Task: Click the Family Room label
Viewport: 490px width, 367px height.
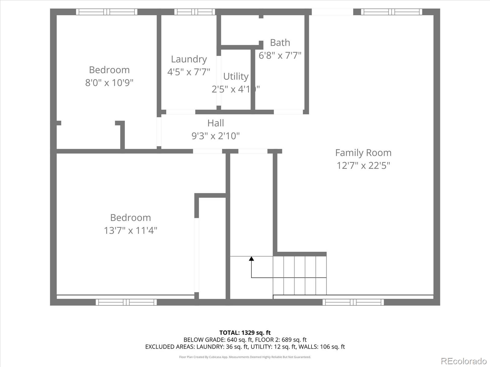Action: click(x=363, y=153)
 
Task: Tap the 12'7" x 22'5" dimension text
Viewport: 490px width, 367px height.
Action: click(x=363, y=165)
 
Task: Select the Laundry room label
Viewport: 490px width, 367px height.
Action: click(x=189, y=59)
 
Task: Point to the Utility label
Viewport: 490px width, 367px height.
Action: click(x=236, y=76)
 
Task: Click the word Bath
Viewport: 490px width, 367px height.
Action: click(x=280, y=43)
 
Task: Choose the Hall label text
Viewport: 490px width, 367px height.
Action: click(x=216, y=123)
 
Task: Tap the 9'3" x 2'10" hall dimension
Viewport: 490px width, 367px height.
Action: click(x=216, y=136)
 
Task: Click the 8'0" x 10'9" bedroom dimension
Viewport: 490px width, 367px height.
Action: click(x=109, y=83)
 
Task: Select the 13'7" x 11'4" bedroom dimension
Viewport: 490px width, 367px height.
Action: click(x=130, y=230)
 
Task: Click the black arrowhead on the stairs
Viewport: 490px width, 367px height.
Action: click(x=251, y=259)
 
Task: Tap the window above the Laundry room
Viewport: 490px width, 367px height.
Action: click(x=195, y=12)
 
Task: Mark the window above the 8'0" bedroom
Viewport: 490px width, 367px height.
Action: click(x=107, y=12)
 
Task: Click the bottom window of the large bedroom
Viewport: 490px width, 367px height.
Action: click(x=126, y=302)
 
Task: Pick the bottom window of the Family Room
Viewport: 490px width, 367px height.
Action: click(x=353, y=302)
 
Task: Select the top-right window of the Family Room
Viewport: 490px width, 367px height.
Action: click(x=391, y=12)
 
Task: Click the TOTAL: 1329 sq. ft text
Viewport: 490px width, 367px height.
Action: click(x=245, y=332)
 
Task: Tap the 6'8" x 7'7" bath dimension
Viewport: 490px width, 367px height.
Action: click(x=280, y=55)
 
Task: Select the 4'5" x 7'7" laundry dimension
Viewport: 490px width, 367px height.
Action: click(x=189, y=72)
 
